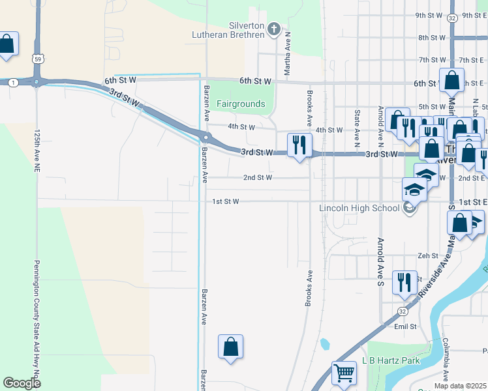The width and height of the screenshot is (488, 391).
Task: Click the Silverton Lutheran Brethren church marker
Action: pos(274,29)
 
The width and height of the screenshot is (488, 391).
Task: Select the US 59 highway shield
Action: pos(39,59)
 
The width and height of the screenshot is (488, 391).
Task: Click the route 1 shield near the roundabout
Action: pos(13,82)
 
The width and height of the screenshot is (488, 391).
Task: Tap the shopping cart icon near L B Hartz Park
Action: pos(344,374)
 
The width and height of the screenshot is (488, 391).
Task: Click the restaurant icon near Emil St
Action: pos(404,282)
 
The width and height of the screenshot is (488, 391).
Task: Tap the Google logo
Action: pos(22,383)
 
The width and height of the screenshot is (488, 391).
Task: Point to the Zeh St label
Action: pos(428,256)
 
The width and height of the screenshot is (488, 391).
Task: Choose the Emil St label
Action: pos(405,326)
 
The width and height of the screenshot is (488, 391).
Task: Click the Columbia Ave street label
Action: pos(446,359)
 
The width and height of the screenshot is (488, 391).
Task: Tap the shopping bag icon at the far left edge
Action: pos(7,44)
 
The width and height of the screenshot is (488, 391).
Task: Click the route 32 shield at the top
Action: pos(452,18)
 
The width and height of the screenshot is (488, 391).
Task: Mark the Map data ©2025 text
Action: pos(460,386)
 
